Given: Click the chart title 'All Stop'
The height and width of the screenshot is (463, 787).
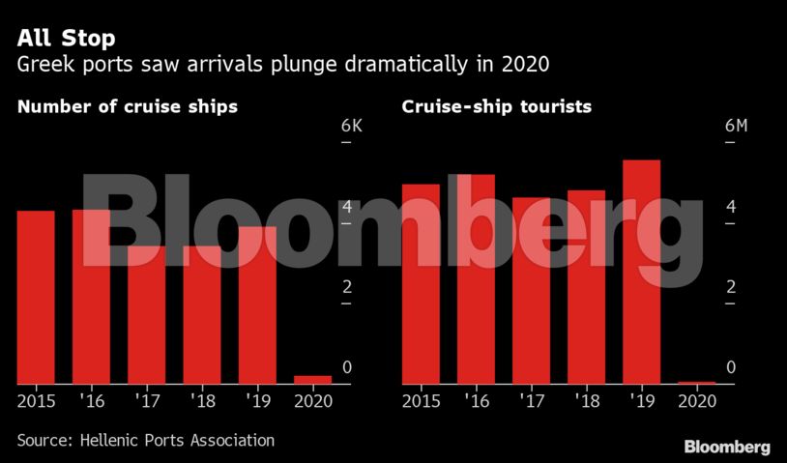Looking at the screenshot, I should pos(66,39).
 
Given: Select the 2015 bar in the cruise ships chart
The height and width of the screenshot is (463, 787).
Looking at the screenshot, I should pos(36,297).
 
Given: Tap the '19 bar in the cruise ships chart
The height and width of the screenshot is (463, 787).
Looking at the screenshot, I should pos(257,304).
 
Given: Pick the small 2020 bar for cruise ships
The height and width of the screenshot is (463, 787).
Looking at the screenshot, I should pos(312,380).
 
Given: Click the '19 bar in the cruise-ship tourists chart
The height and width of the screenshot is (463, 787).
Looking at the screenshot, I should pos(641,272).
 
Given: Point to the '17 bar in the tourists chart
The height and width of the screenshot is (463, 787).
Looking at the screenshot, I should pos(531,290).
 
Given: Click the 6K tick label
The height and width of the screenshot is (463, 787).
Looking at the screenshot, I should pos(352,127).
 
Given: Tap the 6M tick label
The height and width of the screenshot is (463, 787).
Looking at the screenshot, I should pos(736,127).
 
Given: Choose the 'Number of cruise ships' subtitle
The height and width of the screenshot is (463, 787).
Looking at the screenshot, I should pos(127,106).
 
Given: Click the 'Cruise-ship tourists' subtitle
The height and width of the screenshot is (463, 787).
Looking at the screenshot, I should pos(496,106).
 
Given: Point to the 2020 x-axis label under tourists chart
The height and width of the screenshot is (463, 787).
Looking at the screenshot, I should pos(696,400).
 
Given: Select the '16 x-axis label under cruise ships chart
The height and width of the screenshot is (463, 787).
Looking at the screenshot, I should pos(92,400).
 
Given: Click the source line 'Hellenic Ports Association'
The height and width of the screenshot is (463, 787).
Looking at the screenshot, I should pos(145,440).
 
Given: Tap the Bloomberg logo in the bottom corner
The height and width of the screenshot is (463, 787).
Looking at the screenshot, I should pos(727,447).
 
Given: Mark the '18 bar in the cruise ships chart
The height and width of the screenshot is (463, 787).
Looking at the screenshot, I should pos(202,314).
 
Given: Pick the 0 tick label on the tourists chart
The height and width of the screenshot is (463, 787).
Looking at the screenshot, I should pos(731,367).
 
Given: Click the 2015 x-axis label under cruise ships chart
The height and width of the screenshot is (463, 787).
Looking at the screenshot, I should pos(36,400).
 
